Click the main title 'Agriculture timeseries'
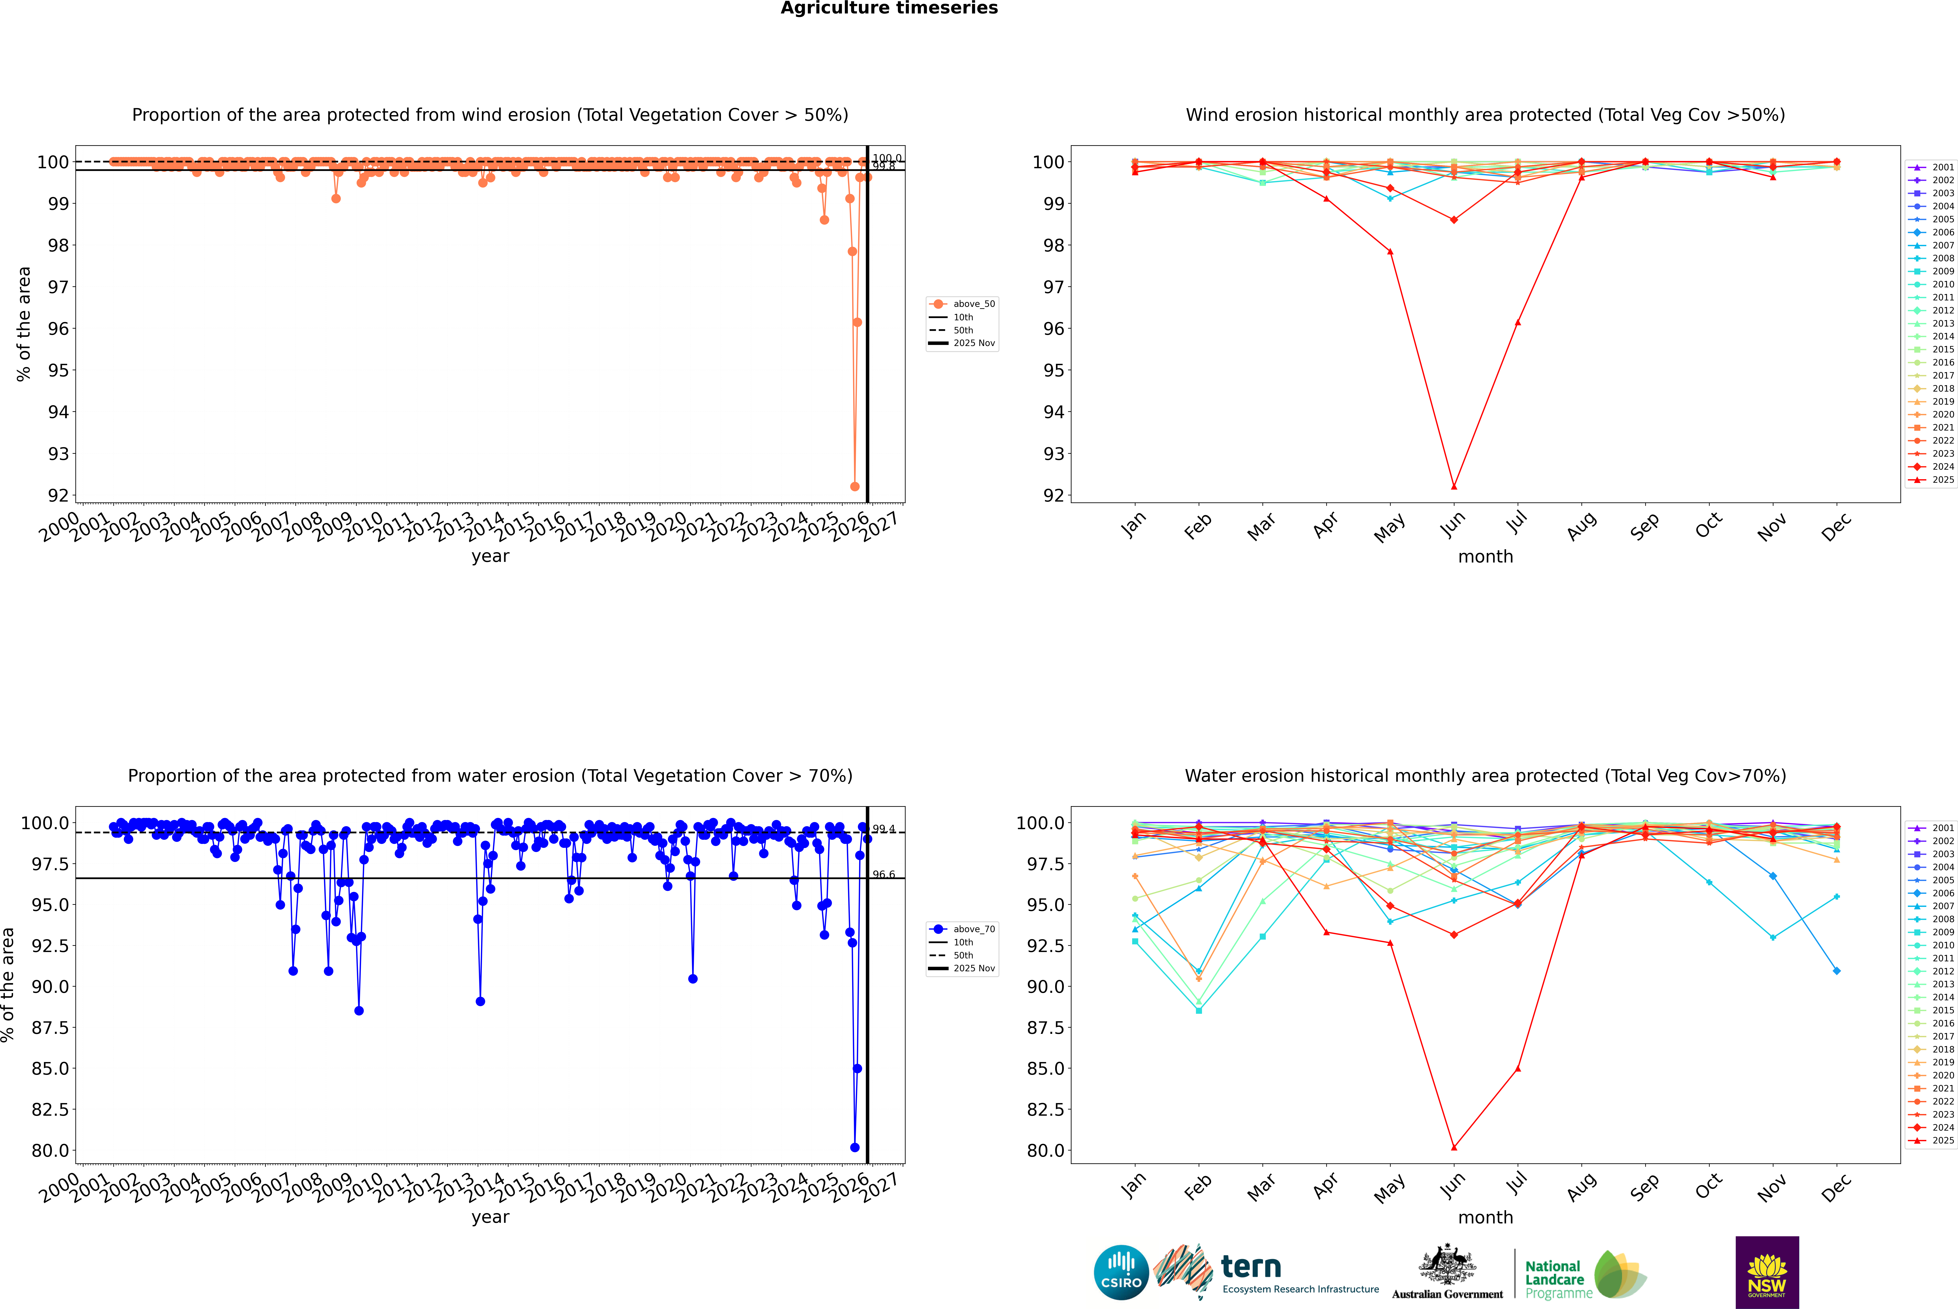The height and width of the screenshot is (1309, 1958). click(889, 8)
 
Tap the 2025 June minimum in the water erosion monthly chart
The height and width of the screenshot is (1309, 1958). click(1454, 1147)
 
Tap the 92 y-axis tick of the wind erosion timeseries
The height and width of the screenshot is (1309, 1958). click(58, 495)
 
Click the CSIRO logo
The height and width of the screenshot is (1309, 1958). click(1121, 1272)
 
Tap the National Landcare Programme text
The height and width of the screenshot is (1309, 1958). click(1554, 1279)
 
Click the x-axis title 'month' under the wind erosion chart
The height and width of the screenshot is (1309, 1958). click(1485, 556)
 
